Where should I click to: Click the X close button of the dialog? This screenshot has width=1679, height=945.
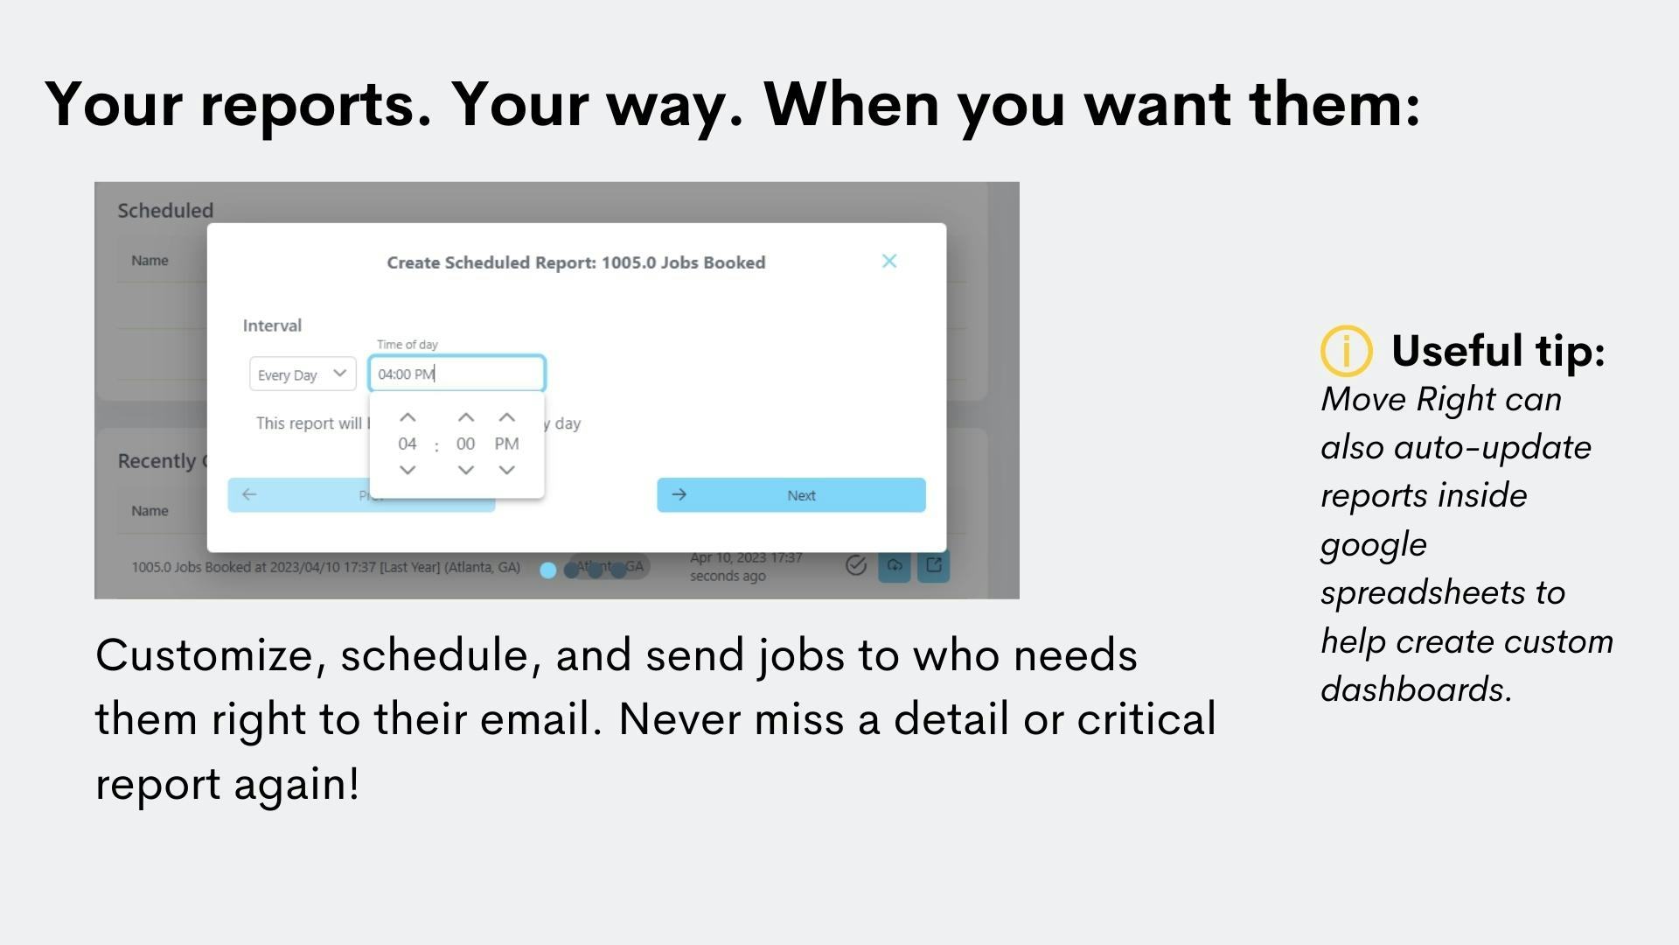pos(889,261)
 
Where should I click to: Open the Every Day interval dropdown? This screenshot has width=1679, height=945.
pos(303,374)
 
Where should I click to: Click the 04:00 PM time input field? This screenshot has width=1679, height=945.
pos(456,374)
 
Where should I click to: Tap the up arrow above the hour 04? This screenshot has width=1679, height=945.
pos(408,418)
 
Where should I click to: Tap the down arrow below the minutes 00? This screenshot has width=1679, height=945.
pos(466,470)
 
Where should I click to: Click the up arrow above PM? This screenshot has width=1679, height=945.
pos(506,418)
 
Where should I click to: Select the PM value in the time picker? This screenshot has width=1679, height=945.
pos(506,444)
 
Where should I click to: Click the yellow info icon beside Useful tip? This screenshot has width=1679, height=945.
pos(1346,351)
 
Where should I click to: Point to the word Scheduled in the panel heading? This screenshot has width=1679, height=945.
pos(165,210)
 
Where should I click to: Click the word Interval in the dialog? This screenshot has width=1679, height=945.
pos(272,325)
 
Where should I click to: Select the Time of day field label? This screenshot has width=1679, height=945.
pos(407,345)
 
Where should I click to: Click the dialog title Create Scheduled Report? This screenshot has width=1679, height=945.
pos(575,262)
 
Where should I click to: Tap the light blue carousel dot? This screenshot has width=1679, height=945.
pos(547,570)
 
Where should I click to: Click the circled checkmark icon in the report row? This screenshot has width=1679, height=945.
pos(856,565)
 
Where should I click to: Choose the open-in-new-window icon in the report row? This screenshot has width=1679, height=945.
pos(933,565)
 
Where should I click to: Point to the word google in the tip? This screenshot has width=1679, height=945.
pos(1373,545)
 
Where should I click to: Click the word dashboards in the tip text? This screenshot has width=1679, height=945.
pos(1415,689)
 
